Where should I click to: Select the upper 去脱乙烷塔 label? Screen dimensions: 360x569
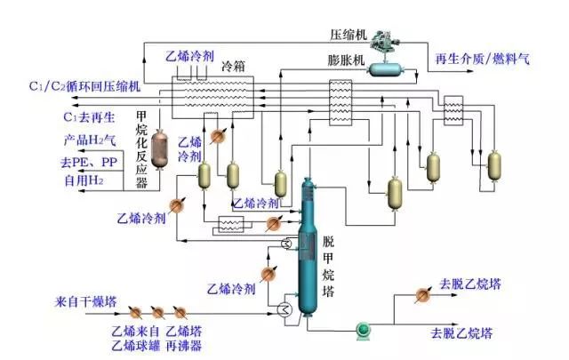465,285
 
